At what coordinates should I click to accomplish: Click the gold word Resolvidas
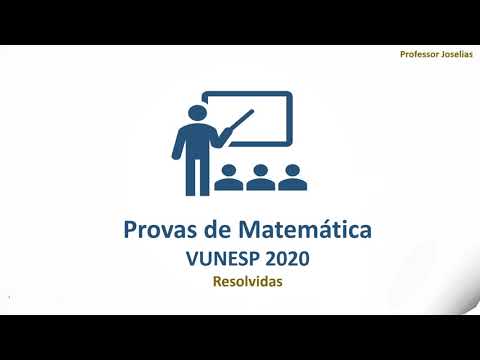point(247,282)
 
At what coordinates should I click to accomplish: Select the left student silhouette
point(228,178)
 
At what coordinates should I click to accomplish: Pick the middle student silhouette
point(260,178)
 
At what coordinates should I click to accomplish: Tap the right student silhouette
point(292,178)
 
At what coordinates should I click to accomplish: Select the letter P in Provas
point(130,230)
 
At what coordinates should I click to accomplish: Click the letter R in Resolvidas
point(217,282)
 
